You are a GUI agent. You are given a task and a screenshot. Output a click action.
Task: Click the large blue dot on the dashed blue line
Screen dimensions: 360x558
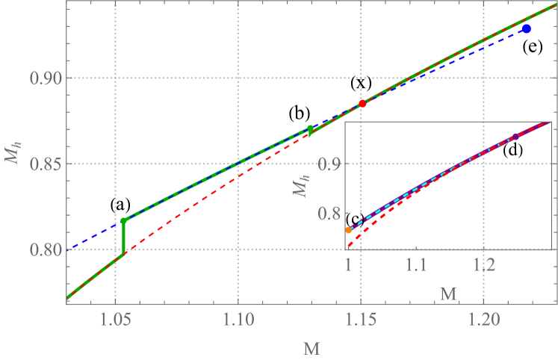click(x=527, y=28)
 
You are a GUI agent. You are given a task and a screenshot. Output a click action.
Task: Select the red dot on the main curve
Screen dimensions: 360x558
click(x=362, y=104)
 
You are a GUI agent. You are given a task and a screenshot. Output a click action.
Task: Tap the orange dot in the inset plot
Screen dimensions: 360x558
click(x=349, y=230)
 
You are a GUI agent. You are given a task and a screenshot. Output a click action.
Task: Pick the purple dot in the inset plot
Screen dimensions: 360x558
click(x=515, y=137)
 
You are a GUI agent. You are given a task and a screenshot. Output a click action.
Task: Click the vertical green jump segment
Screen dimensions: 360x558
click(x=124, y=239)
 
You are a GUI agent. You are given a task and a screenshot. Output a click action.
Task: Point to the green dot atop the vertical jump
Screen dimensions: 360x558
click(x=124, y=220)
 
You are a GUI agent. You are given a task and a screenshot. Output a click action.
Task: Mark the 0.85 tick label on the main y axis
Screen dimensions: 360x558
click(x=43, y=164)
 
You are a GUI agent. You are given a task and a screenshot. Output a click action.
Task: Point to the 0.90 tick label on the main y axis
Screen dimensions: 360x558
click(x=43, y=78)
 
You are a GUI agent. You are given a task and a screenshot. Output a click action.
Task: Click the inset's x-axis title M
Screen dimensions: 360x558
click(x=448, y=293)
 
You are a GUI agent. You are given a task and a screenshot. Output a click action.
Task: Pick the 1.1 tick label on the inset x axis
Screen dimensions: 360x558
click(x=416, y=264)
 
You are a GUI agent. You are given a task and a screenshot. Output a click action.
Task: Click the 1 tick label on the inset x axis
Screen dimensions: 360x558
click(x=348, y=264)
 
